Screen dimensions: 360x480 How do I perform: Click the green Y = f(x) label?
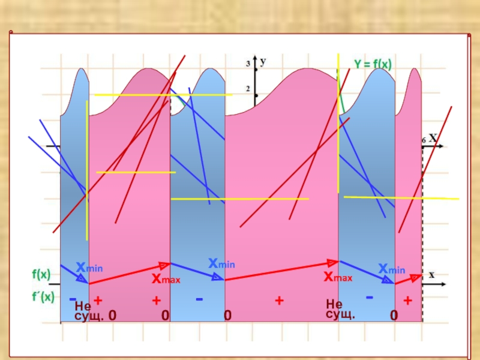pyautogui.click(x=372, y=62)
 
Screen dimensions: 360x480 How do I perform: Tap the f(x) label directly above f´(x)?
pyautogui.click(x=41, y=275)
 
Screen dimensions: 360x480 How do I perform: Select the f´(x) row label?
pyautogui.click(x=43, y=296)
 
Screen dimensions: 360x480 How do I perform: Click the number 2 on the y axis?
pyautogui.click(x=248, y=89)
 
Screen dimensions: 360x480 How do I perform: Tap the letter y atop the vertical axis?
pyautogui.click(x=263, y=61)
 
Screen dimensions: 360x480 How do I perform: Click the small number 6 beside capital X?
pyautogui.click(x=424, y=140)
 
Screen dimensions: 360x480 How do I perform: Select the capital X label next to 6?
pyautogui.click(x=432, y=138)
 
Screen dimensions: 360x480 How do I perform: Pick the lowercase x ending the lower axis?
pyautogui.click(x=431, y=274)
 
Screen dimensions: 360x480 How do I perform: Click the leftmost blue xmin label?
pyautogui.click(x=89, y=266)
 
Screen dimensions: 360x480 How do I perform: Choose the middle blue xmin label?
pyautogui.click(x=221, y=263)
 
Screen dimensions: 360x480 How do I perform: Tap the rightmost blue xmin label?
pyautogui.click(x=391, y=268)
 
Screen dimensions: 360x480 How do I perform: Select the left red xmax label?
pyautogui.click(x=166, y=279)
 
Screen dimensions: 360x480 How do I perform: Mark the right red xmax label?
pyautogui.click(x=338, y=277)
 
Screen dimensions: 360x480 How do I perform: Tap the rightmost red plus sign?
pyautogui.click(x=407, y=300)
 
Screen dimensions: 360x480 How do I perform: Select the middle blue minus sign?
pyautogui.click(x=199, y=298)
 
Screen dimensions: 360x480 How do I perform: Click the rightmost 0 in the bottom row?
pyautogui.click(x=393, y=316)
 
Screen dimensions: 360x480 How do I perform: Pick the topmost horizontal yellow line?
pyautogui.click(x=163, y=95)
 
